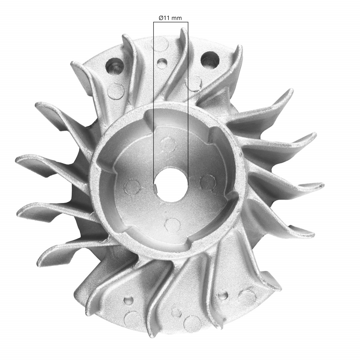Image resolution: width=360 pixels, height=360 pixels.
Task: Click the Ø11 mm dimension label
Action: (x=170, y=18)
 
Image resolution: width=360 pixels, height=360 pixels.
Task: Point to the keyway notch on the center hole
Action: (x=155, y=187)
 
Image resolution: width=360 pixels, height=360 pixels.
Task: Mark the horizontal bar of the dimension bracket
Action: (x=171, y=22)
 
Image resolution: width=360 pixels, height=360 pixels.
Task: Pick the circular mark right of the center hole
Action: (x=207, y=182)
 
